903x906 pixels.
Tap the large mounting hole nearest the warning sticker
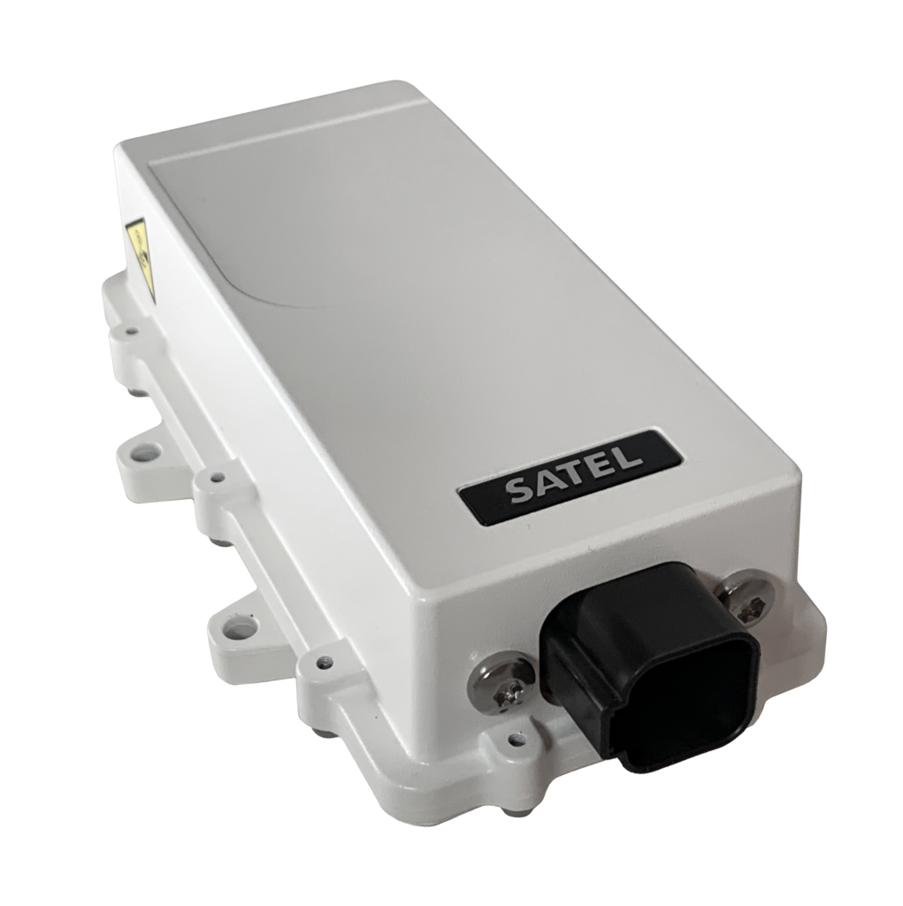[x=142, y=457]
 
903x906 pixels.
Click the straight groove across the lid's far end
[x=283, y=133]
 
